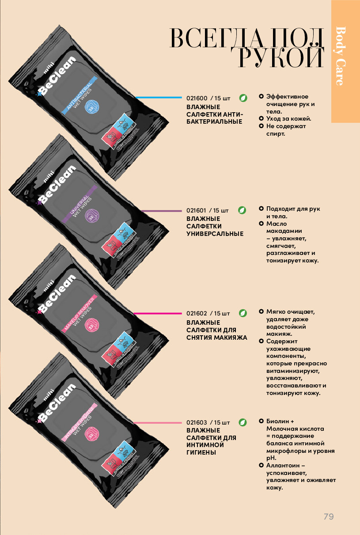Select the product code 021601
(x=196, y=210)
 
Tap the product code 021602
(x=196, y=314)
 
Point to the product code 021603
(x=196, y=423)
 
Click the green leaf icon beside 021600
(x=243, y=98)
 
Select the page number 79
(x=328, y=516)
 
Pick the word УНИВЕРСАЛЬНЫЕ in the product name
(x=215, y=234)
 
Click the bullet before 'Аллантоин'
(x=261, y=466)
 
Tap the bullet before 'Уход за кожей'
(x=261, y=119)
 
